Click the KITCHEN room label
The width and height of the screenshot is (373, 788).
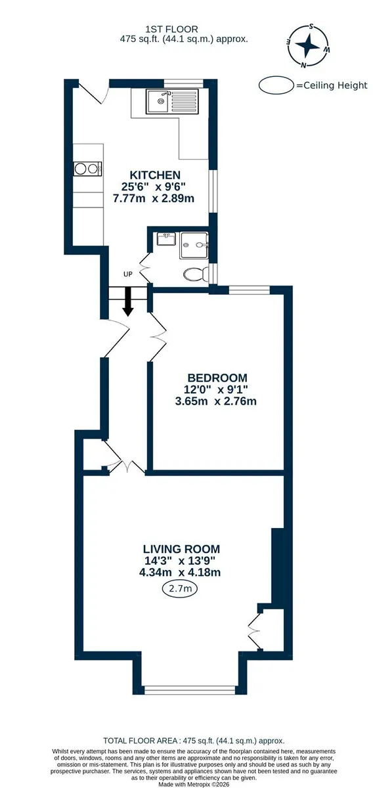(x=155, y=175)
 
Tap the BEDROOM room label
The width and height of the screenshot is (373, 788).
(x=217, y=378)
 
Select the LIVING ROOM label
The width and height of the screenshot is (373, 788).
(x=181, y=549)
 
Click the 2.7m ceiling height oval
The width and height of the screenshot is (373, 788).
(x=179, y=588)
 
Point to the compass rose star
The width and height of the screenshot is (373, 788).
(x=307, y=45)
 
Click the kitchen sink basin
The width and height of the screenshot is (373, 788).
(x=158, y=101)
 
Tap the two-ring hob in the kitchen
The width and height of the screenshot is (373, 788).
(x=87, y=169)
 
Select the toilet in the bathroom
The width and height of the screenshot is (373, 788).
(x=196, y=274)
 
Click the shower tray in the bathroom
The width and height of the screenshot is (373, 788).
(x=194, y=245)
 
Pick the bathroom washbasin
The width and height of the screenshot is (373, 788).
(x=166, y=239)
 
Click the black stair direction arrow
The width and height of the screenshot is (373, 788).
(x=128, y=301)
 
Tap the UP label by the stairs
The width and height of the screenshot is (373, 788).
(x=128, y=274)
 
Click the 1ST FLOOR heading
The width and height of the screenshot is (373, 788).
(x=171, y=29)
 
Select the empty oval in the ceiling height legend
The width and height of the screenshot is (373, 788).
(x=276, y=85)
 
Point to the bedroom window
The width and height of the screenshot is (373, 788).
(x=249, y=290)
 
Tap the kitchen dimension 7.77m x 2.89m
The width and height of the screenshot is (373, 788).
(x=154, y=198)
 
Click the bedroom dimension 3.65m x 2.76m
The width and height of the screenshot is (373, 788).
(x=215, y=401)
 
